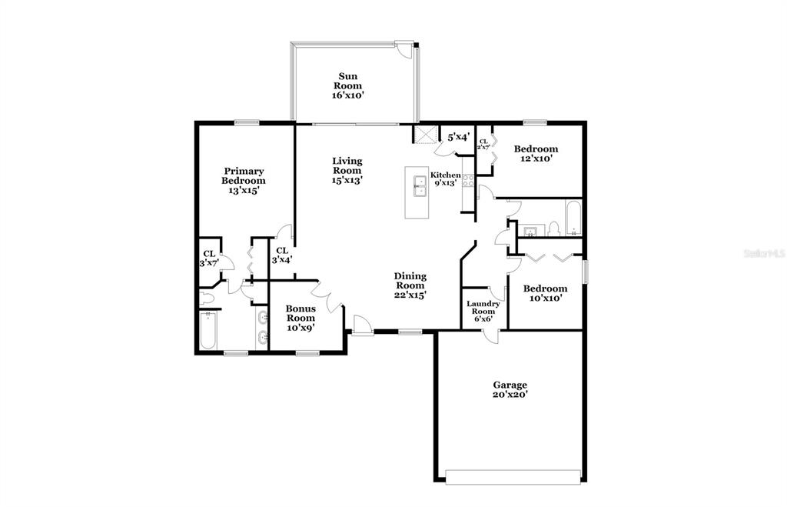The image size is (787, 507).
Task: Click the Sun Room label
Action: (x=348, y=85)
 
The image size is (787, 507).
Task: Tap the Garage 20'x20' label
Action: (x=510, y=389)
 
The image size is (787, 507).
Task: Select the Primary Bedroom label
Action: (x=244, y=180)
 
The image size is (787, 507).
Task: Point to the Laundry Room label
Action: (x=483, y=311)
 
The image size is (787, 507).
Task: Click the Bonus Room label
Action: (x=301, y=318)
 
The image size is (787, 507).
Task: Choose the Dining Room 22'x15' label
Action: (x=410, y=285)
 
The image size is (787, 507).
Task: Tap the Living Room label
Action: (x=347, y=170)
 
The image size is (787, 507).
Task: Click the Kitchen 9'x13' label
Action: (x=445, y=179)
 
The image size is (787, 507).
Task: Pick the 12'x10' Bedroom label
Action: (x=536, y=153)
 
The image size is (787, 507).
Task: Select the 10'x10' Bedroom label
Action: (x=545, y=293)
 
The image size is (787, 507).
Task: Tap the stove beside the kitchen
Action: (x=468, y=180)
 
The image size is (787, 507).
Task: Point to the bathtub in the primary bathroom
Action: (x=208, y=330)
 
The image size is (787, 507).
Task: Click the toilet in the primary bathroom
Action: (x=207, y=299)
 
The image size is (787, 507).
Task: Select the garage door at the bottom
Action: (x=513, y=477)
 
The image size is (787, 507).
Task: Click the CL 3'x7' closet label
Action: (x=209, y=259)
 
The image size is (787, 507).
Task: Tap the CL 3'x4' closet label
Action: (x=281, y=255)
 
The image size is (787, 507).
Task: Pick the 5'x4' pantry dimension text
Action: (x=458, y=137)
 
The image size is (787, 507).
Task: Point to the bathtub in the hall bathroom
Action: (x=573, y=218)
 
